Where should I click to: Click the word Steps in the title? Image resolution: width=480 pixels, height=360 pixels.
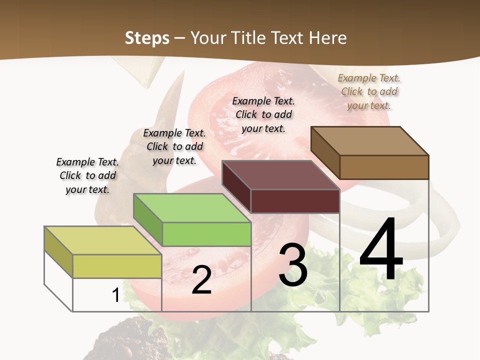click(147, 38)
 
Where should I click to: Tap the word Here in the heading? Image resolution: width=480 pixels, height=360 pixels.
click(327, 38)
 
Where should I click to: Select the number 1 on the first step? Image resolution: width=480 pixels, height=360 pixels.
click(115, 295)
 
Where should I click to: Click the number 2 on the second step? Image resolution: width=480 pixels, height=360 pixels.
click(201, 280)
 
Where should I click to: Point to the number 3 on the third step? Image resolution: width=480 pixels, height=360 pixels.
click(292, 265)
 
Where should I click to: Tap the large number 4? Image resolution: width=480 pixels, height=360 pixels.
click(381, 250)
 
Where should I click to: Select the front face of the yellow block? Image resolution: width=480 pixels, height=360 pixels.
click(117, 266)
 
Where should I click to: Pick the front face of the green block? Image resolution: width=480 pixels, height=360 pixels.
click(206, 234)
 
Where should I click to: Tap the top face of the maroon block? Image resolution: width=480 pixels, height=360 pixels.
click(280, 175)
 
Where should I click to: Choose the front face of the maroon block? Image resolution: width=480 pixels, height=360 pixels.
click(295, 201)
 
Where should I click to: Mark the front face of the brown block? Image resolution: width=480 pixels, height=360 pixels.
click(384, 167)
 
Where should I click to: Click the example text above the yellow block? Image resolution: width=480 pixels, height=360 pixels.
click(87, 175)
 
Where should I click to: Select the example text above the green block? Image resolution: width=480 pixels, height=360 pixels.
click(174, 146)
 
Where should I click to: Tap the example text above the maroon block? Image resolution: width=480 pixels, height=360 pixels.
click(263, 114)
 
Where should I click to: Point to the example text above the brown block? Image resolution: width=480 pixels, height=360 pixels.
click(369, 91)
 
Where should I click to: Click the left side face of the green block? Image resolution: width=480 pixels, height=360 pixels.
click(148, 219)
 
